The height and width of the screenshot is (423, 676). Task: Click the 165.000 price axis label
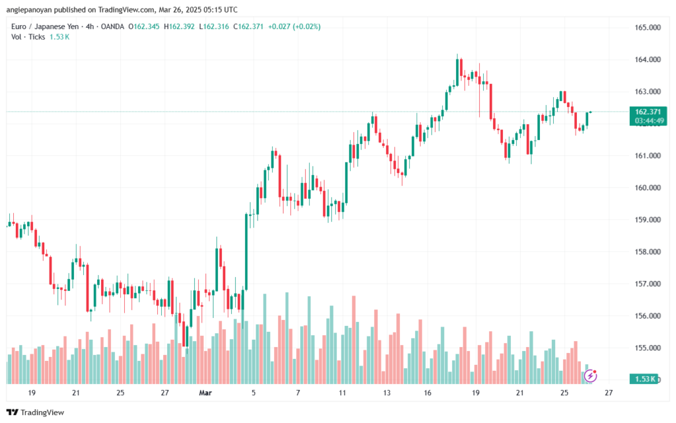click(x=648, y=28)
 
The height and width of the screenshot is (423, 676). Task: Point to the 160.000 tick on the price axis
click(x=648, y=188)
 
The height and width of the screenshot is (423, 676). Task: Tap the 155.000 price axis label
click(x=648, y=348)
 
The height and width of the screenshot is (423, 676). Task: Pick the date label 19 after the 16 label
click(x=475, y=393)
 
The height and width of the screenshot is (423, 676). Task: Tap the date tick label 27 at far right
click(x=609, y=393)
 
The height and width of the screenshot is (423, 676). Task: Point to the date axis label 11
click(x=342, y=393)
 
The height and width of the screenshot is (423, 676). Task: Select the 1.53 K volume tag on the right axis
click(x=645, y=379)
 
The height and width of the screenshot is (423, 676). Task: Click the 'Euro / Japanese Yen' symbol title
click(x=44, y=26)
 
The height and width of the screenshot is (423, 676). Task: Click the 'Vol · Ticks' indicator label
click(x=27, y=37)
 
